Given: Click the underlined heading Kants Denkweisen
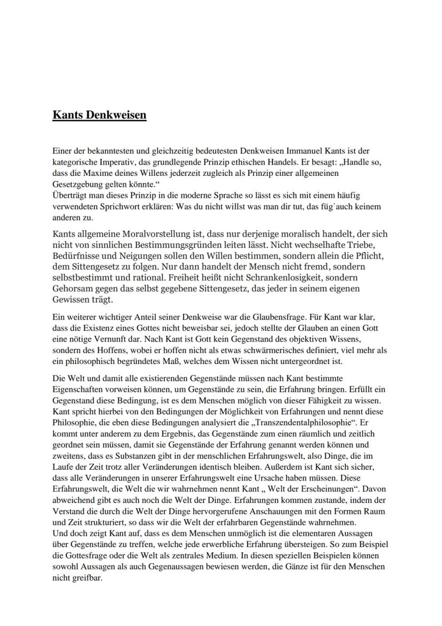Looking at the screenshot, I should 99,115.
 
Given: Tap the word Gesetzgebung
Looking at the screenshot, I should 76,183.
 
